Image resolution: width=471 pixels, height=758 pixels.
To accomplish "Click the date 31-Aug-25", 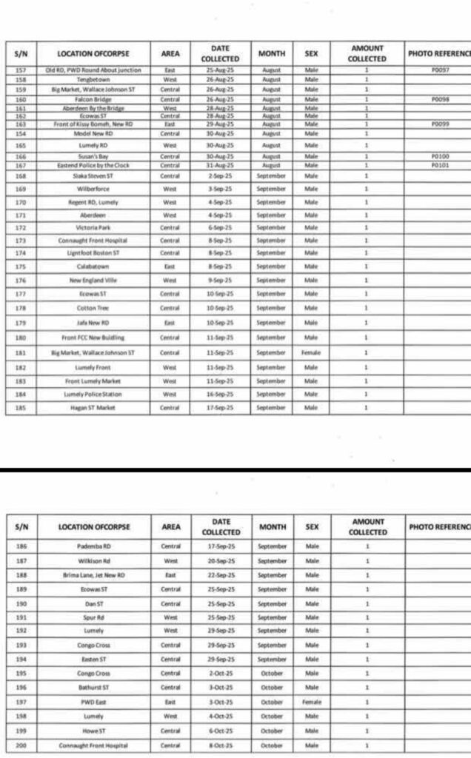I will pyautogui.click(x=220, y=165).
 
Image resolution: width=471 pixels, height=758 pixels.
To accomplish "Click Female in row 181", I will pyautogui.click(x=311, y=353).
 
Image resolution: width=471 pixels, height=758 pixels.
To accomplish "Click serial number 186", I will pyautogui.click(x=21, y=546).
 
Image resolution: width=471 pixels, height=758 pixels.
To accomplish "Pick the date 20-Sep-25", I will pyautogui.click(x=220, y=560).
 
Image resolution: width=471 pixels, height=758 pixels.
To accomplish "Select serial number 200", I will pyautogui.click(x=21, y=745).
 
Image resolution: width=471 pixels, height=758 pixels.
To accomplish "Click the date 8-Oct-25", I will pyautogui.click(x=220, y=745).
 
